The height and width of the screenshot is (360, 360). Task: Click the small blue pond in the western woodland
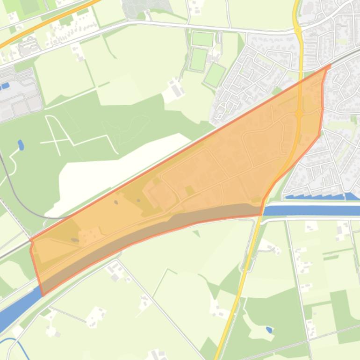pyautogui.click(x=21, y=145)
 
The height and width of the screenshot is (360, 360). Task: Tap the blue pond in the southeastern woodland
pyautogui.click(x=269, y=330)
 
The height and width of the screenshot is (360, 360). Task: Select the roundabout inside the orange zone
pyautogui.click(x=299, y=114)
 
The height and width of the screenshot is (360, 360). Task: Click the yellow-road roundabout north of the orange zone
pyautogui.click(x=297, y=30)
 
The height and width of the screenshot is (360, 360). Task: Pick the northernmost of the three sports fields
pyautogui.click(x=202, y=39)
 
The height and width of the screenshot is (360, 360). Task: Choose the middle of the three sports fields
pyautogui.click(x=199, y=59)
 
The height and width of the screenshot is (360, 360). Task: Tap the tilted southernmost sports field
pyautogui.click(x=215, y=75)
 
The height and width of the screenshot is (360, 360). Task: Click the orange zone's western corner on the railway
pyautogui.click(x=31, y=241)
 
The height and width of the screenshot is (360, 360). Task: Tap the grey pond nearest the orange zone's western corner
pyautogui.click(x=75, y=240)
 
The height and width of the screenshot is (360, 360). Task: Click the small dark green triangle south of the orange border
pyautogui.click(x=197, y=233)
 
